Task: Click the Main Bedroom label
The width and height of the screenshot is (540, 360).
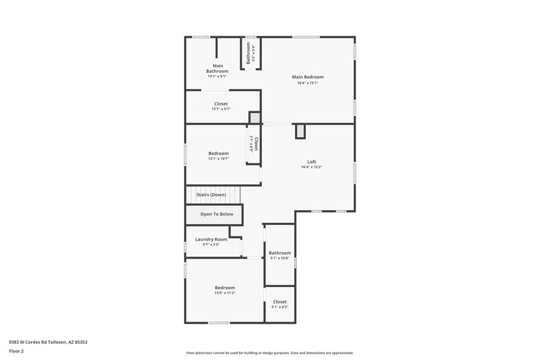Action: click(x=308, y=77)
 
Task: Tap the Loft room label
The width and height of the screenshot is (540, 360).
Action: click(x=311, y=161)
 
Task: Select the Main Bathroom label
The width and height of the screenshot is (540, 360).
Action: click(x=217, y=68)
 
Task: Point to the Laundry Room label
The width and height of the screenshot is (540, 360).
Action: click(x=211, y=239)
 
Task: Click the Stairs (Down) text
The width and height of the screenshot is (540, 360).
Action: click(x=211, y=195)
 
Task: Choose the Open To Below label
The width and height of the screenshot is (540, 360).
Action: click(x=217, y=214)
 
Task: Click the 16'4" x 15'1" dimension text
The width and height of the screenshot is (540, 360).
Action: click(x=308, y=83)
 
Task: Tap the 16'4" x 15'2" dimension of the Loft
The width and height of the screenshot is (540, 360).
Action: click(x=311, y=167)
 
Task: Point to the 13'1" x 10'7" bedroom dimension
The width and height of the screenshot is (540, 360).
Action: click(x=218, y=159)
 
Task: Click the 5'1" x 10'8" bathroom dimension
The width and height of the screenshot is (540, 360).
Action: click(x=279, y=258)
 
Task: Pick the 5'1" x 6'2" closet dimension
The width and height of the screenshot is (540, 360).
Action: click(x=279, y=307)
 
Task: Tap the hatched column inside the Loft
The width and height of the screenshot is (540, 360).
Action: click(x=300, y=131)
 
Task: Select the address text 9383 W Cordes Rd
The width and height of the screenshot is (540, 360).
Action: click(x=48, y=342)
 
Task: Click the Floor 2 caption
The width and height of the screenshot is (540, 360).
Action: click(x=16, y=352)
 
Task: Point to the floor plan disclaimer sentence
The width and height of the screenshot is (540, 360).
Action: click(x=270, y=353)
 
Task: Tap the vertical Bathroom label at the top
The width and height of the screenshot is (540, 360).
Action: click(x=248, y=53)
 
